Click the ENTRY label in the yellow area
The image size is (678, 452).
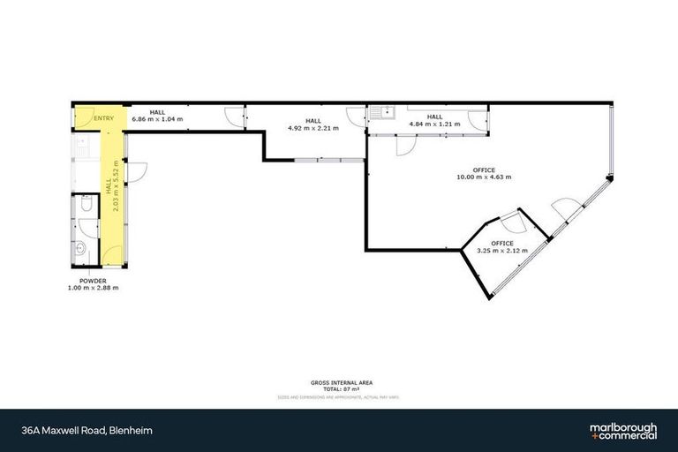tap(103, 118)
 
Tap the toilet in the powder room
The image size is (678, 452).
tap(84, 205)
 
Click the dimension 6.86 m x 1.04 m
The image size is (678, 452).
tap(157, 118)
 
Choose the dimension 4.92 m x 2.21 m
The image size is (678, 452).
tap(313, 127)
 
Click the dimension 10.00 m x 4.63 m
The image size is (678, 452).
tap(483, 177)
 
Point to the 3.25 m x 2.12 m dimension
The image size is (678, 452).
tap(502, 250)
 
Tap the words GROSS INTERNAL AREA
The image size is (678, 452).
tap(342, 382)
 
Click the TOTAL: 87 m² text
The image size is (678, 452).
tap(342, 388)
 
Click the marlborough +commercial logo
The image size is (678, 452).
tap(623, 431)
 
